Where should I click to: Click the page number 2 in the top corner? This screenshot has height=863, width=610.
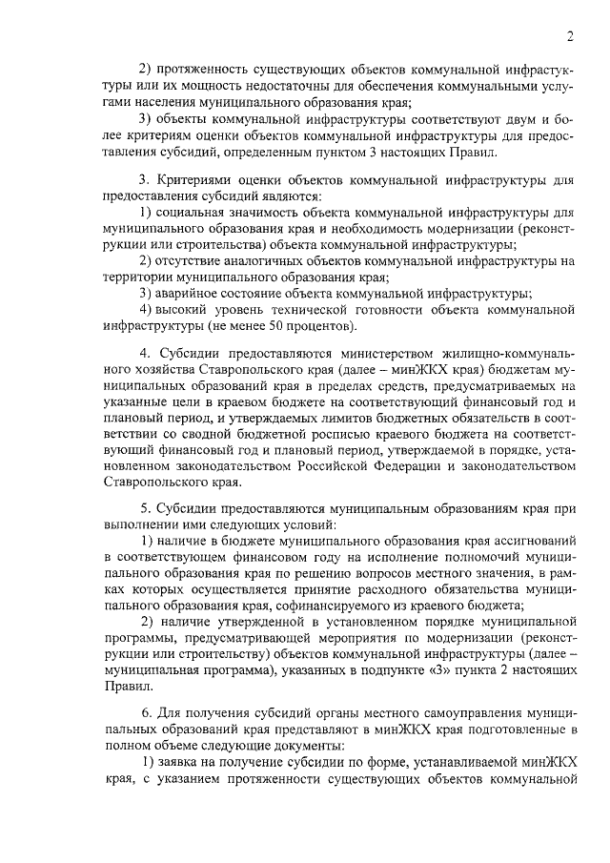point(568,37)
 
